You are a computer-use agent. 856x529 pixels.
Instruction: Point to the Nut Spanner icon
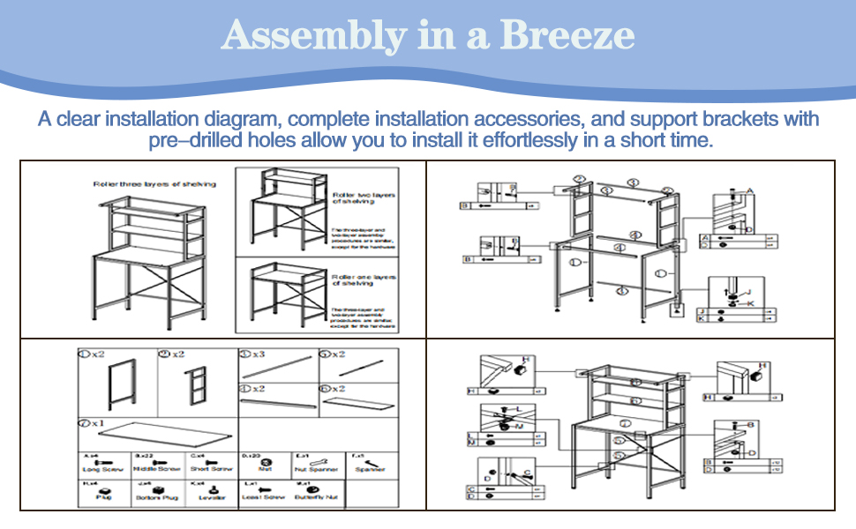tap(319, 461)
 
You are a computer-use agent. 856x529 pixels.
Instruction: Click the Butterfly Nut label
tap(319, 498)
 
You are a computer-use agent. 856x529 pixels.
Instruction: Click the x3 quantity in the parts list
tap(258, 354)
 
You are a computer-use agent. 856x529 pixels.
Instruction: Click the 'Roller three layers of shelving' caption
tap(154, 184)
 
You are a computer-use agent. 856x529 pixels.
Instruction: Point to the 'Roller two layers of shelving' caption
tap(364, 197)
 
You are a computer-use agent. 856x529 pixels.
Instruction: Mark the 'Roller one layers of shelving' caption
tap(364, 279)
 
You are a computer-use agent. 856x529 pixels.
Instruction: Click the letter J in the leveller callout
tap(749, 293)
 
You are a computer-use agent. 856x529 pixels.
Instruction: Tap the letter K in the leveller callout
tap(751, 303)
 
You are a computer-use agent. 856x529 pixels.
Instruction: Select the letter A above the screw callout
tap(750, 190)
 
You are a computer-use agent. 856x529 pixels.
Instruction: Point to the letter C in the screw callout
tap(527, 473)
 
